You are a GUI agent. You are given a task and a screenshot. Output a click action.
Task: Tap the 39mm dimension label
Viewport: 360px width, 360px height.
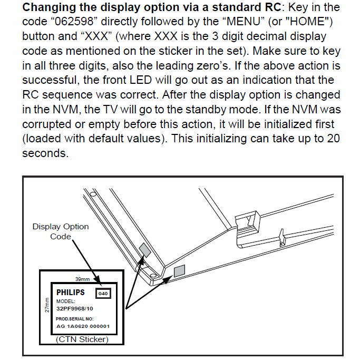[83, 279]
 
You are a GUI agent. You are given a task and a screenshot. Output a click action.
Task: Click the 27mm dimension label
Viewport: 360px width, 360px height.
[47, 305]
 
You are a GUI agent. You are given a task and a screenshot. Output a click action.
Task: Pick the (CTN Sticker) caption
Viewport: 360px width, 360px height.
[82, 339]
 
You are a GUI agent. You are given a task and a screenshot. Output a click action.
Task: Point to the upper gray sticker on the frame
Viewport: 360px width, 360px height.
[144, 249]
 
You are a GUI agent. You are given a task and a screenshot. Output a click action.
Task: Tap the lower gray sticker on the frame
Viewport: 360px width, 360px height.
[179, 271]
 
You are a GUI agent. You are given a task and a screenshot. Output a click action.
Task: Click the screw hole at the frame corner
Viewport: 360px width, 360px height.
[152, 275]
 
